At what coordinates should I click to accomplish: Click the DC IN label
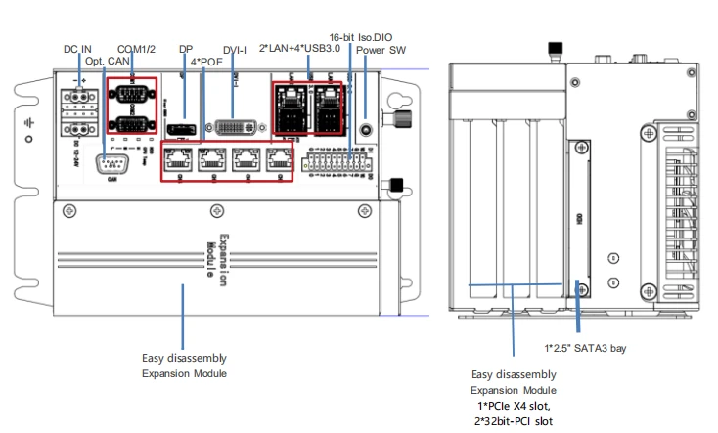point(77,48)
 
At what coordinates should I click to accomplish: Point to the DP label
point(185,48)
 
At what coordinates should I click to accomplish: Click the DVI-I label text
point(235,49)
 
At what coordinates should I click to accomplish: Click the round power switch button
point(366,129)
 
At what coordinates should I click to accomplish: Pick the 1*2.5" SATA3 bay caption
point(584,347)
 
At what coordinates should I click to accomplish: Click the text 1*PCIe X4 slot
point(514,405)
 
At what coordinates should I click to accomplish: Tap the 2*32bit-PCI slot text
point(514,420)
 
